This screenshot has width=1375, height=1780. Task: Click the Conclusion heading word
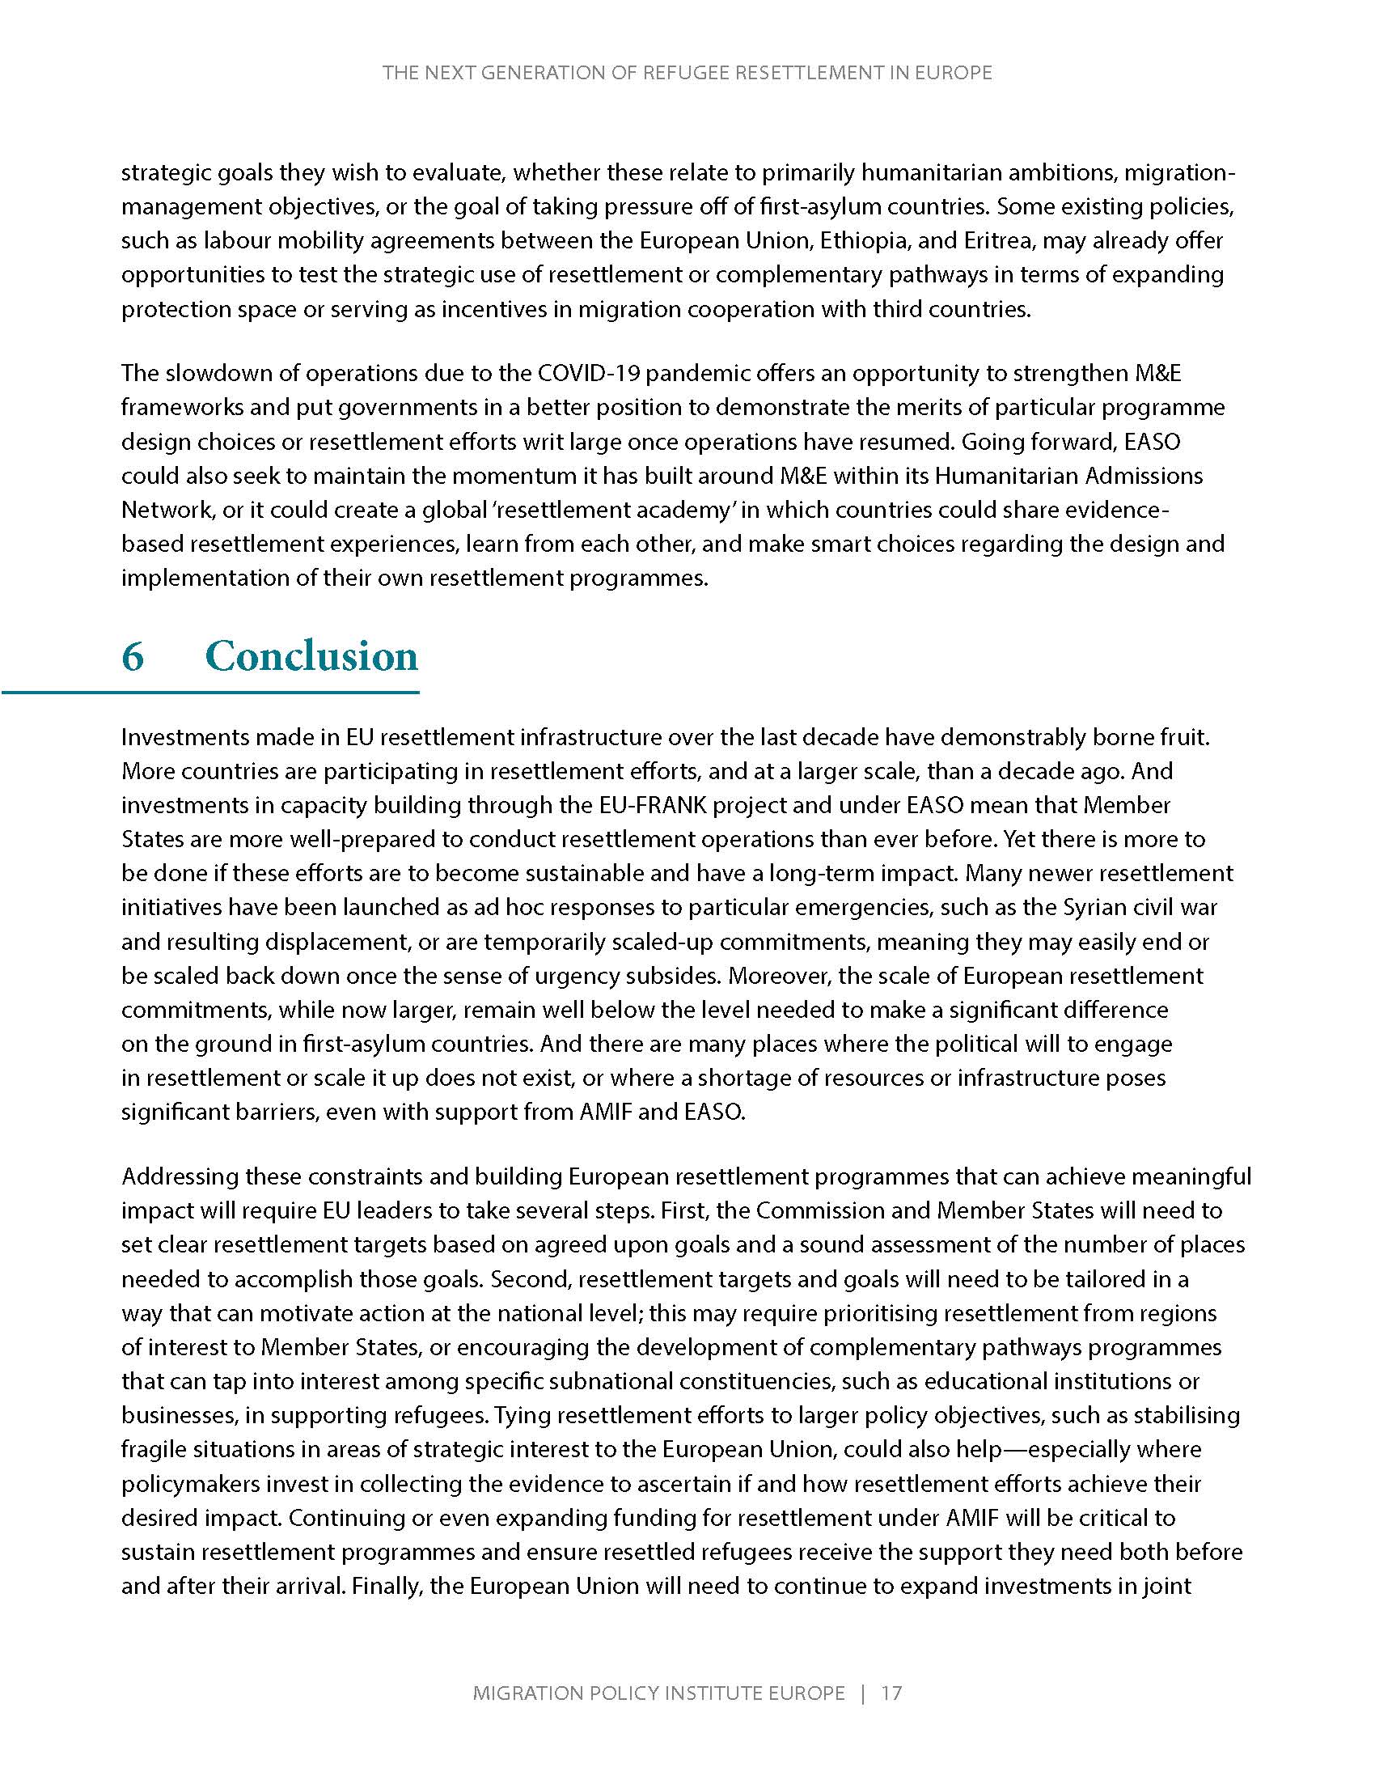(311, 656)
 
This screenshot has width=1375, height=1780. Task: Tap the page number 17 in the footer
(891, 1693)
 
